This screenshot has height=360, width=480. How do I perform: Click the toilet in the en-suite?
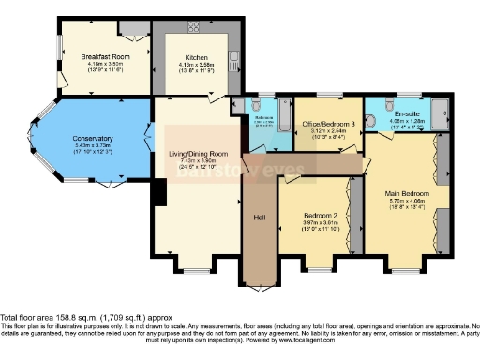point(373,120)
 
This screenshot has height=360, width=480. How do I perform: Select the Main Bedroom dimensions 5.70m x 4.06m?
point(405,202)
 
